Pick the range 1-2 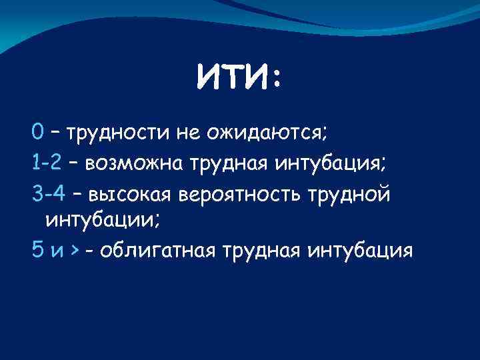[x=47, y=161]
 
